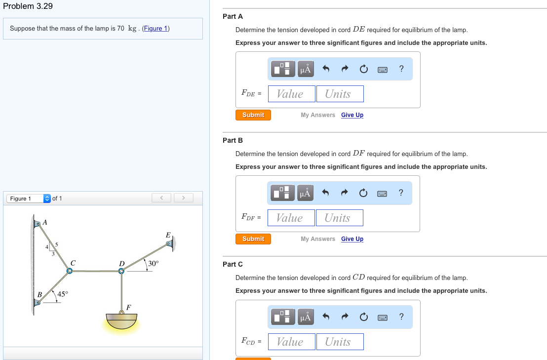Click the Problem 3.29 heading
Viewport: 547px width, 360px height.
[28, 6]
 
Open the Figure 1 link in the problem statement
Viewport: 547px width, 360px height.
[156, 28]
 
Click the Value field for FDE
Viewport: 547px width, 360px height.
[290, 94]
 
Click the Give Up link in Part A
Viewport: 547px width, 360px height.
[352, 115]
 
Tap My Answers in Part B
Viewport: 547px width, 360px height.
[317, 239]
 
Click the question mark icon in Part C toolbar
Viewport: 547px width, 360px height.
[401, 317]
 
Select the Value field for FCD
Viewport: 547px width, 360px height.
[290, 342]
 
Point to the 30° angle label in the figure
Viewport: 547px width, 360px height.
[154, 263]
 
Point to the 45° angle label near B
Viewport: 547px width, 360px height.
[63, 294]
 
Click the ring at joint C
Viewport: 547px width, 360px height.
[70, 271]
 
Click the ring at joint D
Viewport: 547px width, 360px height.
[121, 271]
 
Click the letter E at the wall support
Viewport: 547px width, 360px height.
[168, 235]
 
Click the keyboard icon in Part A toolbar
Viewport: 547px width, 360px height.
[382, 70]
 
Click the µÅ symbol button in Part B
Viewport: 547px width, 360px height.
[305, 193]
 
